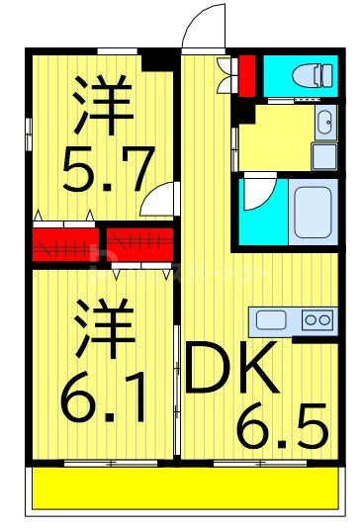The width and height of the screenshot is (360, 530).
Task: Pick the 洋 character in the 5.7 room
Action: [102, 103]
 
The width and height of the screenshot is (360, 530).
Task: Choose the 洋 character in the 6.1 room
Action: [103, 329]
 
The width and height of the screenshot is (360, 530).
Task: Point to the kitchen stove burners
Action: [316, 319]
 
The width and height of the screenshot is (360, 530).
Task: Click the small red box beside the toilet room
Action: [246, 72]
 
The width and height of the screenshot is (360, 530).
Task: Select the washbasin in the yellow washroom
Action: [324, 123]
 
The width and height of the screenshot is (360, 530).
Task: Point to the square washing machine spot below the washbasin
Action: [323, 155]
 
